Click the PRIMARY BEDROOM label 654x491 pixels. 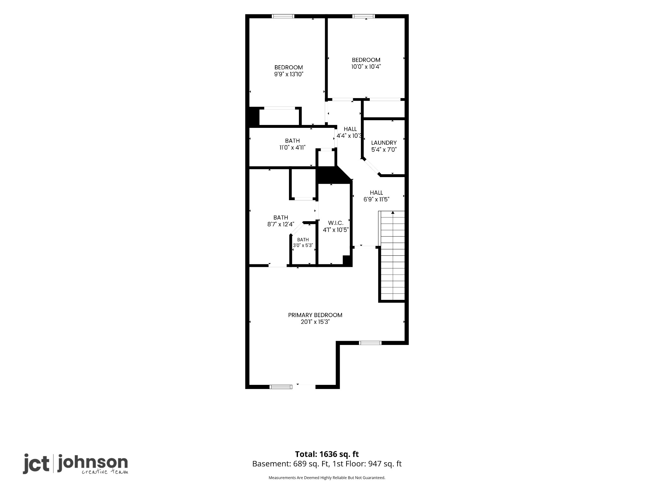click(x=315, y=315)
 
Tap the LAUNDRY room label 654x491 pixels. click(x=384, y=143)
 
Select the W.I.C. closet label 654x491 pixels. click(x=336, y=223)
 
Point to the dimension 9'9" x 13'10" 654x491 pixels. click(x=289, y=74)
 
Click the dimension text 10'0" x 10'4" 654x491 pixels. click(x=366, y=67)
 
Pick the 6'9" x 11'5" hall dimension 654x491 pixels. click(x=376, y=199)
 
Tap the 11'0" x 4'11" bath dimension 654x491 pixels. click(x=293, y=148)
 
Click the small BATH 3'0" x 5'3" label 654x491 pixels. click(x=303, y=243)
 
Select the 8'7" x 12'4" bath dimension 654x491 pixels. click(x=281, y=224)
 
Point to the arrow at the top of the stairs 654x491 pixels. click(x=393, y=213)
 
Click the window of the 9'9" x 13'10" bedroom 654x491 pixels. click(x=283, y=16)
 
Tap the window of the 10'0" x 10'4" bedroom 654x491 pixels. click(x=364, y=16)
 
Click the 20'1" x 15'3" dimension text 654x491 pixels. click(x=315, y=322)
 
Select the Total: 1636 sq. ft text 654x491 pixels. click(x=327, y=454)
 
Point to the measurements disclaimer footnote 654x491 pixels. click(x=327, y=478)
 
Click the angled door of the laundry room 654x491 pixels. click(x=370, y=167)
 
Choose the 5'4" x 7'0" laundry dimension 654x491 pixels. click(x=384, y=150)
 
